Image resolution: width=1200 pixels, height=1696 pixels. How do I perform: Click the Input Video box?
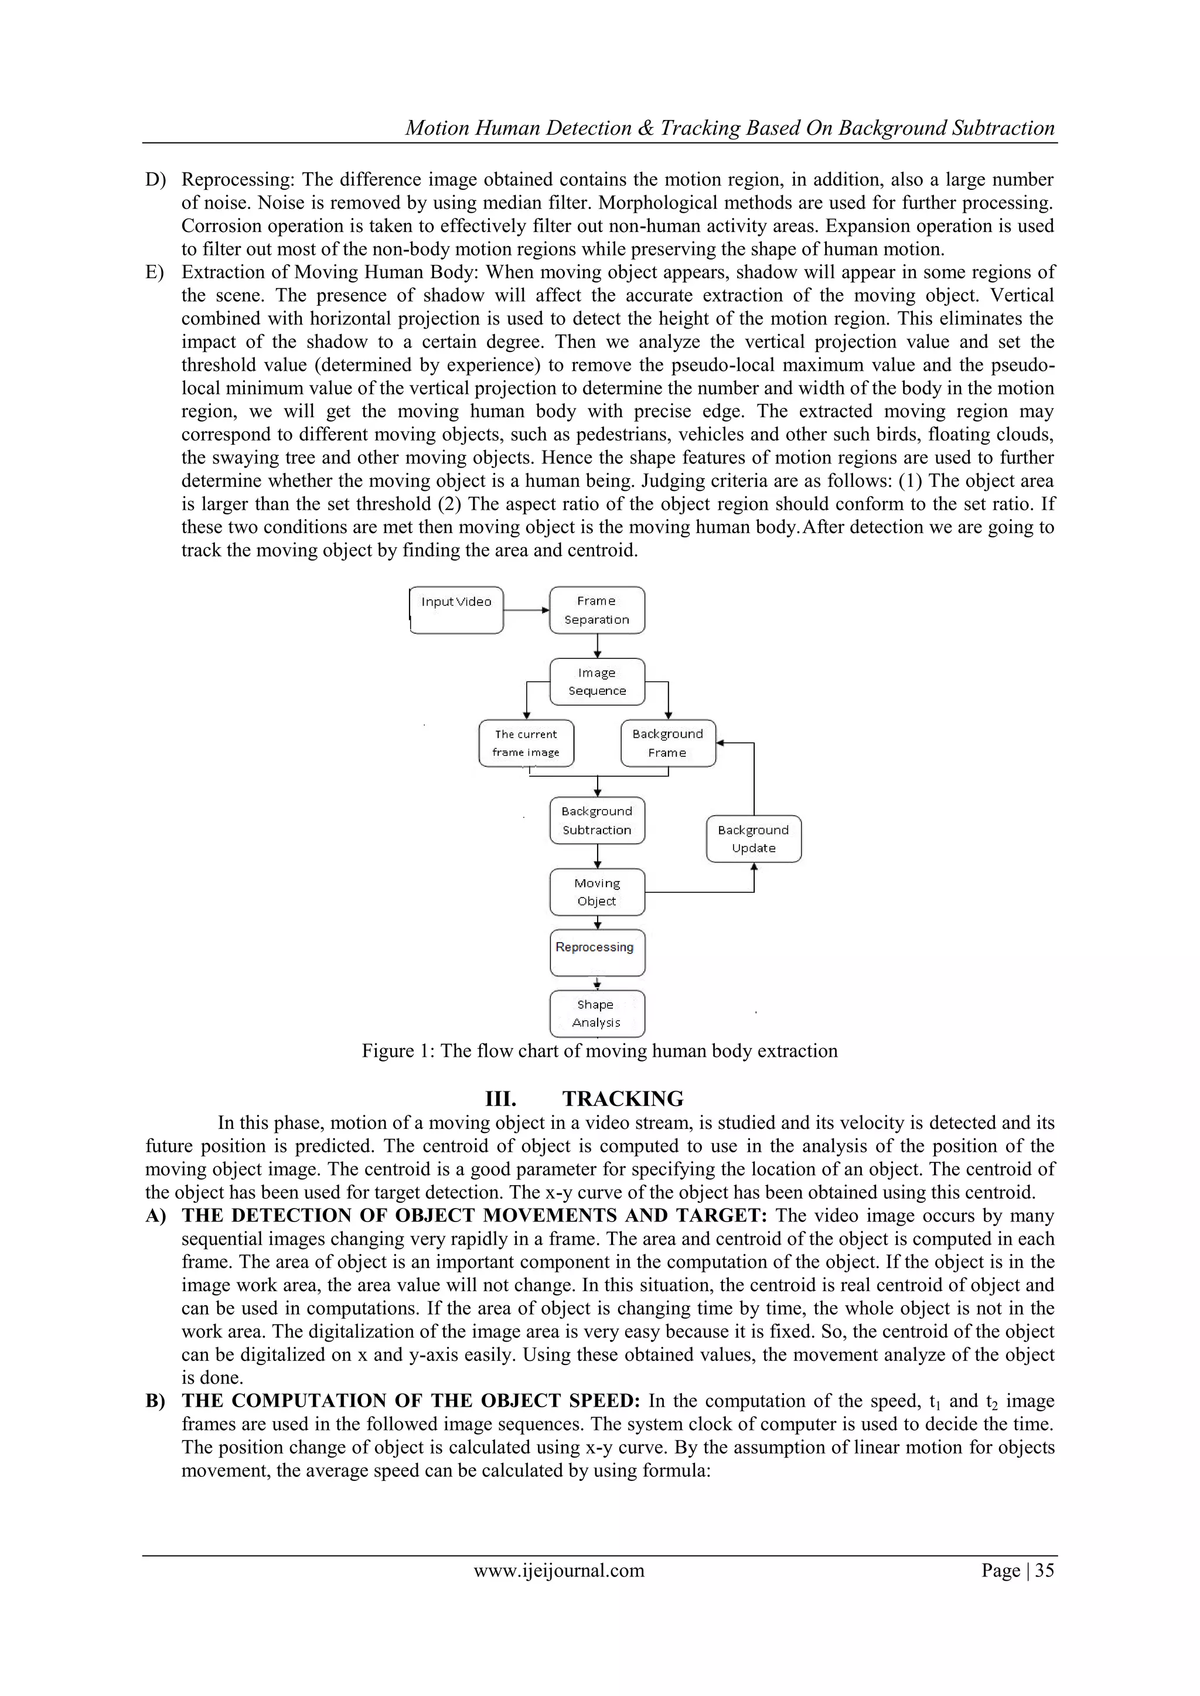click(456, 610)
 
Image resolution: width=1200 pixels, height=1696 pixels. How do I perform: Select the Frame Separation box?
click(597, 610)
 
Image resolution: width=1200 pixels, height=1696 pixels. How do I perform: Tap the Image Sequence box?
click(597, 682)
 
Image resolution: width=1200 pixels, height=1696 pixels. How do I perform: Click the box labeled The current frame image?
click(526, 743)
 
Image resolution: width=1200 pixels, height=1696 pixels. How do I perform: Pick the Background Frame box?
click(668, 743)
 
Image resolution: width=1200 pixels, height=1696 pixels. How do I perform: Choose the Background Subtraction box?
click(597, 821)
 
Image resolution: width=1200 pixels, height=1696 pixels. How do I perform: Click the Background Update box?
click(754, 839)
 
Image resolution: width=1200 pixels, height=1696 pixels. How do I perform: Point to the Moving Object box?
click(597, 892)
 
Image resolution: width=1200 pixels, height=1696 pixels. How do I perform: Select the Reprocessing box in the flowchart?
click(597, 953)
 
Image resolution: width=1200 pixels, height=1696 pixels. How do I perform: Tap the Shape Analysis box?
click(597, 1013)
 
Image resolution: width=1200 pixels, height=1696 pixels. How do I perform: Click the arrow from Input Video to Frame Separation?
click(526, 610)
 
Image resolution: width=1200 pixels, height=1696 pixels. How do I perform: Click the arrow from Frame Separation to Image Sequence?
click(597, 646)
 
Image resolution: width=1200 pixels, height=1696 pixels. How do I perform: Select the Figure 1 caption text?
click(599, 1051)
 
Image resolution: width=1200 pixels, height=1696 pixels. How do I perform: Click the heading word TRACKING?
click(622, 1099)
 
